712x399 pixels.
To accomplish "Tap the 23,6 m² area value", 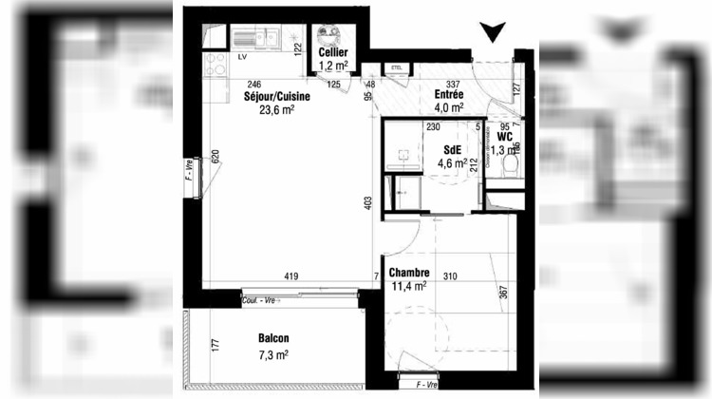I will click(276, 109).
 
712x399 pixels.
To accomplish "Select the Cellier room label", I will click(333, 53).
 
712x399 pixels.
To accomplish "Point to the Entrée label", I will click(448, 95).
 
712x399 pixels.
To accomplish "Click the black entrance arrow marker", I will click(491, 33).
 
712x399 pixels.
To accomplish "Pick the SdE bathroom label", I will click(453, 149).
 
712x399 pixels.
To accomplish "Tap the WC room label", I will click(504, 137).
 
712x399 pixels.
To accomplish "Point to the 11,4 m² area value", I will click(407, 285).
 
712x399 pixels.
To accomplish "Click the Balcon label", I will click(272, 339).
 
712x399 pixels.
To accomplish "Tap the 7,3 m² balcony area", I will click(272, 353).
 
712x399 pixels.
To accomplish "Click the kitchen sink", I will click(255, 39).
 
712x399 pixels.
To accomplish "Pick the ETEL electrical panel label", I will click(395, 68).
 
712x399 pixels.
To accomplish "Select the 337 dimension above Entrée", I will click(454, 84).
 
